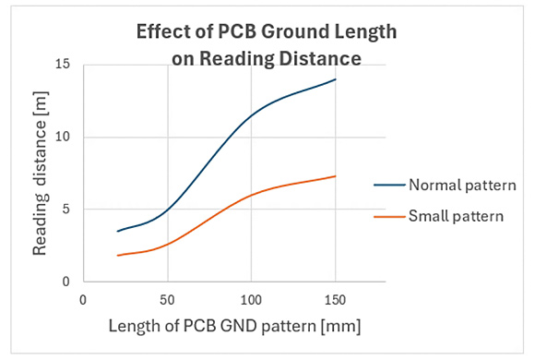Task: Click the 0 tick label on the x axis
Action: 83,300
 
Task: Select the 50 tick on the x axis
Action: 167,300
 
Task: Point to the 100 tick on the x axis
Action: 251,300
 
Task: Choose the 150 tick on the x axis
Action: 335,300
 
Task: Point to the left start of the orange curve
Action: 117,256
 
